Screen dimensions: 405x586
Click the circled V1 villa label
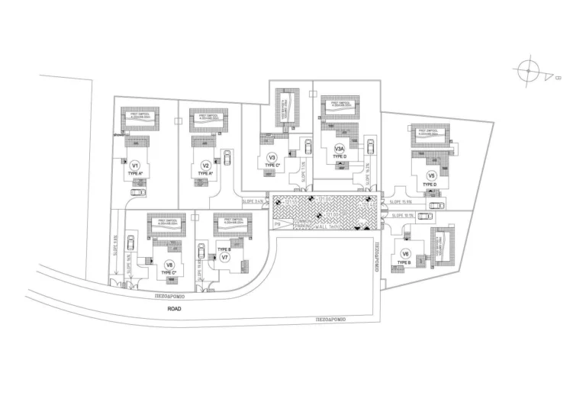pos(135,165)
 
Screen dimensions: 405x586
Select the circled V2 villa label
pos(205,166)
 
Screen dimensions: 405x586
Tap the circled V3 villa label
pos(272,158)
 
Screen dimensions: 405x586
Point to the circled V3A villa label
pos(340,149)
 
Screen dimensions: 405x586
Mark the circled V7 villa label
pos(225,257)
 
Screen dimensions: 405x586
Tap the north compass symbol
pos(528,70)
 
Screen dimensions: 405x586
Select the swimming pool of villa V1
pos(140,119)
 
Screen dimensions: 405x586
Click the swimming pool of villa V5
pos(430,135)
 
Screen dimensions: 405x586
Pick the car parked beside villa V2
pos(227,158)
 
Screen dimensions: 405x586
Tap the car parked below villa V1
pos(137,191)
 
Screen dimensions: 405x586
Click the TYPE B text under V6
pos(404,263)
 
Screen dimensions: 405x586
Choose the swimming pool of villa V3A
pos(339,107)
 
